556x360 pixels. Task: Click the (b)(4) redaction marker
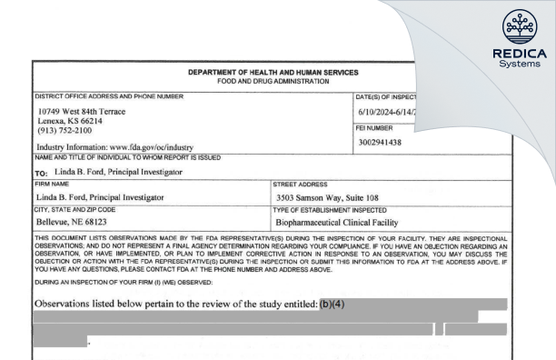tap(333, 303)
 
